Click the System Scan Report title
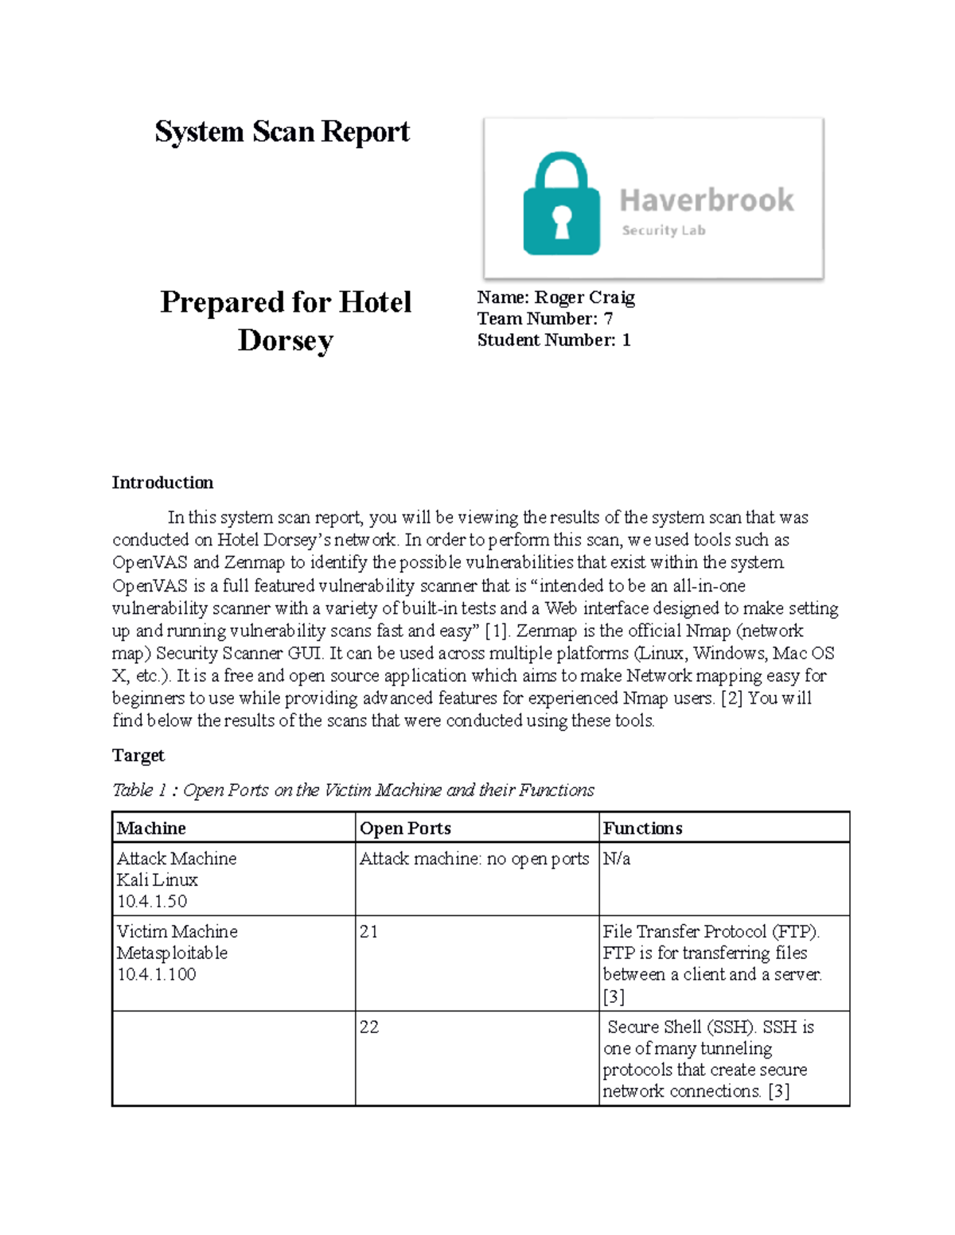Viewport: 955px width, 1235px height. (x=282, y=132)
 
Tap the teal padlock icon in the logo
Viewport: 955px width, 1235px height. (x=561, y=205)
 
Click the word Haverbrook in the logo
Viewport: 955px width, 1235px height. (x=707, y=200)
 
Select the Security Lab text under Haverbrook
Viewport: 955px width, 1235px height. (x=663, y=231)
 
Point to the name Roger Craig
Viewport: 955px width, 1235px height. (x=584, y=297)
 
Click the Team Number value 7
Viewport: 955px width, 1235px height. (x=608, y=319)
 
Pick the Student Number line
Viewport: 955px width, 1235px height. (x=554, y=340)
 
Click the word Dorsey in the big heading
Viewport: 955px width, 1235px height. (x=285, y=340)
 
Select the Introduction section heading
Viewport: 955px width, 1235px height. (x=162, y=483)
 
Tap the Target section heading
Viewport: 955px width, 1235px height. (x=138, y=755)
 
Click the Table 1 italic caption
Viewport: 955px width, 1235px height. (x=353, y=790)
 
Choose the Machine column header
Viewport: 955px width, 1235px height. (x=151, y=829)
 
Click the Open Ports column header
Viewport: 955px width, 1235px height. (x=405, y=829)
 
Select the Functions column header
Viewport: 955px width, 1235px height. (x=642, y=829)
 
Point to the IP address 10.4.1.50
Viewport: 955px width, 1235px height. (x=152, y=902)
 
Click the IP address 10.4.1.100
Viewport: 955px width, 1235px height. (x=156, y=975)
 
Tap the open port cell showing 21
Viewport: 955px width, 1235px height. (x=368, y=932)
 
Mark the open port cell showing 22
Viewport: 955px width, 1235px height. (x=368, y=1027)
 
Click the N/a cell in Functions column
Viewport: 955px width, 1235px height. (x=616, y=859)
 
